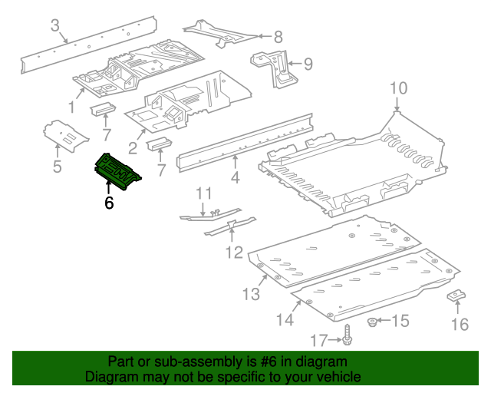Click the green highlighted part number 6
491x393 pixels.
[x=116, y=170]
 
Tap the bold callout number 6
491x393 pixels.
[x=109, y=203]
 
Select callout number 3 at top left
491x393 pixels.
[x=55, y=26]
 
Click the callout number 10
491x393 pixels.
[x=397, y=88]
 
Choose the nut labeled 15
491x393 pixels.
[x=372, y=320]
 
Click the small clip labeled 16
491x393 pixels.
[x=456, y=296]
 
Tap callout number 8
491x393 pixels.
[x=278, y=35]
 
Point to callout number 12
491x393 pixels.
[x=234, y=252]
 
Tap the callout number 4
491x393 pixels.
[x=235, y=177]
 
